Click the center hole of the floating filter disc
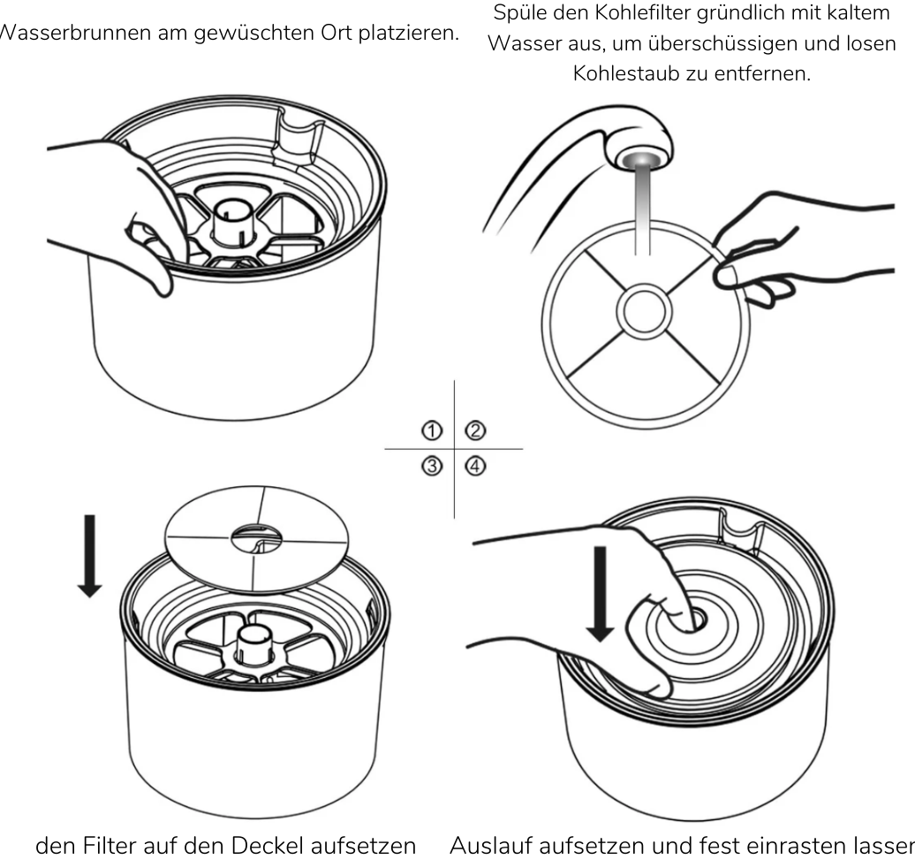254,535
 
